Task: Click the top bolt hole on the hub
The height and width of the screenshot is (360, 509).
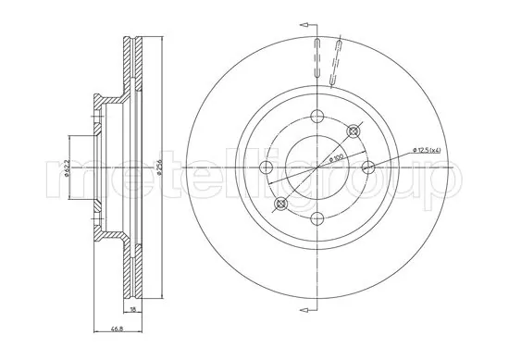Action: point(317,117)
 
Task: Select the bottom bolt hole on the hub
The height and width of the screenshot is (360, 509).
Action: point(317,217)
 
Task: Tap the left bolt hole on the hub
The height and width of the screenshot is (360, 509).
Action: point(267,168)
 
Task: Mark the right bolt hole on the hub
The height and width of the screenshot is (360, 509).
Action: point(367,168)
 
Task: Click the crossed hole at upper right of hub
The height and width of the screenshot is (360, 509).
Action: point(353,132)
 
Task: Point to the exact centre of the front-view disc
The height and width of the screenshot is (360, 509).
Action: point(317,168)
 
